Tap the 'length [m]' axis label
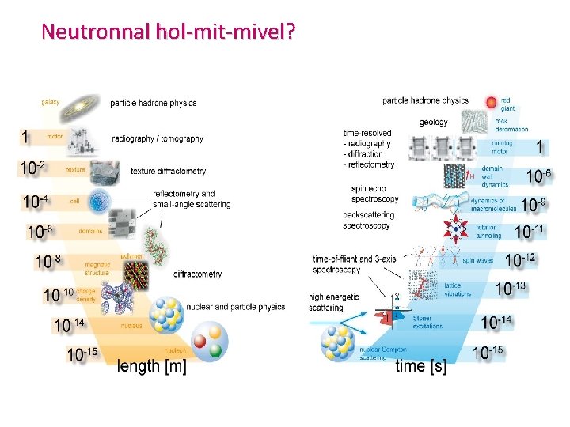click(x=152, y=368)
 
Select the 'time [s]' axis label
click(x=420, y=366)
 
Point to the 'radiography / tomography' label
click(x=158, y=138)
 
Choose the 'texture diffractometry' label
click(x=168, y=171)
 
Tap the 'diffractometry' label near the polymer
click(x=197, y=274)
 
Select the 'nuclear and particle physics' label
click(x=235, y=306)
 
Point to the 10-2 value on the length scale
click(x=33, y=168)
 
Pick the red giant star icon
click(x=492, y=101)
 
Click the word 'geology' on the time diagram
click(x=433, y=123)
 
